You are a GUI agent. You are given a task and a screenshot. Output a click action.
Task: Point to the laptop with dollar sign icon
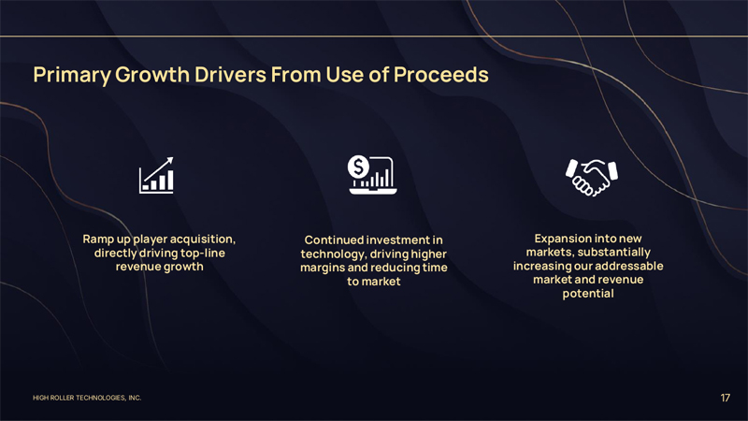[373, 174]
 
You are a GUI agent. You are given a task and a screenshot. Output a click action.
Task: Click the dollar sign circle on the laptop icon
[359, 167]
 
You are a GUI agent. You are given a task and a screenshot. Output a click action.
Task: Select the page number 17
[725, 398]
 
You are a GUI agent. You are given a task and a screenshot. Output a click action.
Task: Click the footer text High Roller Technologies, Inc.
[86, 399]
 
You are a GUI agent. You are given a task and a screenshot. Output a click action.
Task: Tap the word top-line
[200, 253]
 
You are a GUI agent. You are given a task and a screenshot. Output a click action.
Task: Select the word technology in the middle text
[332, 254]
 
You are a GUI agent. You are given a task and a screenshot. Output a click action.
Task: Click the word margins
[322, 269]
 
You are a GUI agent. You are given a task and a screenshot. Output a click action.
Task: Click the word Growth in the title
[146, 74]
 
